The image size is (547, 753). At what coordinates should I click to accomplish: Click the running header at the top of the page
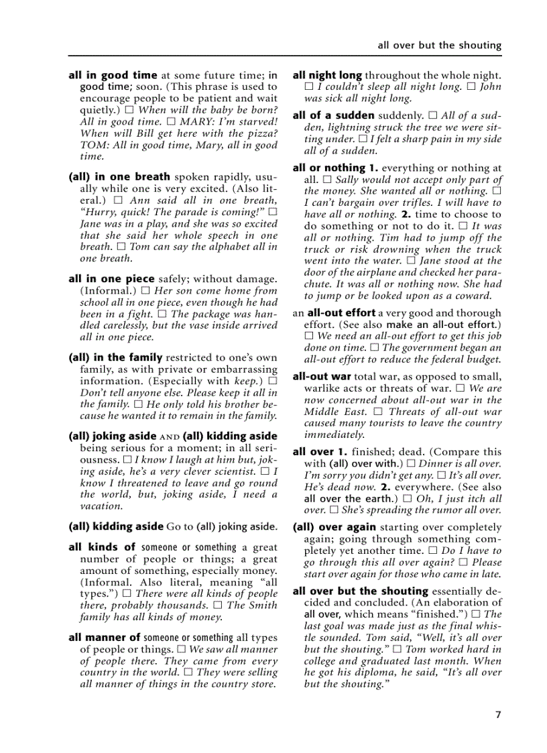[x=439, y=46]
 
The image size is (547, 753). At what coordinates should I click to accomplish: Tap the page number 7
[x=497, y=715]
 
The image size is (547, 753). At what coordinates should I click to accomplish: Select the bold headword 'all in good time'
[x=113, y=76]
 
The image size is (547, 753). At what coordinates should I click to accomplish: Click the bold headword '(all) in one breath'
[x=119, y=177]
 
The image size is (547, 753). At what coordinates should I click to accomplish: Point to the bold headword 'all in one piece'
[x=111, y=279]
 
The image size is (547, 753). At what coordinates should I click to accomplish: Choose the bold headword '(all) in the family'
[x=115, y=357]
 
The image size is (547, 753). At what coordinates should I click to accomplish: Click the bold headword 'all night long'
[x=327, y=76]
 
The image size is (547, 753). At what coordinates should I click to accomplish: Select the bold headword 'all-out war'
[x=322, y=377]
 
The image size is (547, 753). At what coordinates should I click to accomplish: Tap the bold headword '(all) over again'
[x=334, y=527]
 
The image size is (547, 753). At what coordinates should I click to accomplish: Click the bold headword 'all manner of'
[x=105, y=638]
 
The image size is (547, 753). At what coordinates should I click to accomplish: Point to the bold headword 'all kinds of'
[x=102, y=547]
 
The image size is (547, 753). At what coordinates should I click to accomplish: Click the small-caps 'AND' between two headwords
[x=170, y=437]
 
